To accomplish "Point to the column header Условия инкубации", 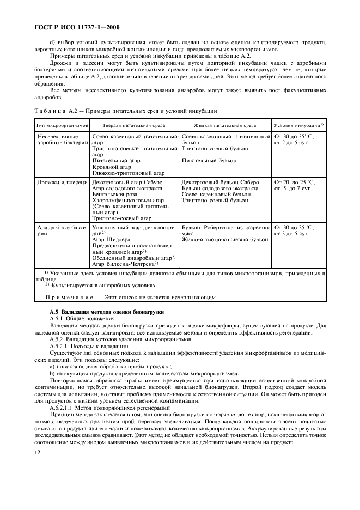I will point(298,125).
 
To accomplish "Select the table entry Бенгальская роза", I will point(117,194).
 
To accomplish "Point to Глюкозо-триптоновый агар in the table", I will point(128,173).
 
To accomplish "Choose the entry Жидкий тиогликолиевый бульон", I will point(224,239).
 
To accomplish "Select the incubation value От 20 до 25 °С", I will point(294,182).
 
